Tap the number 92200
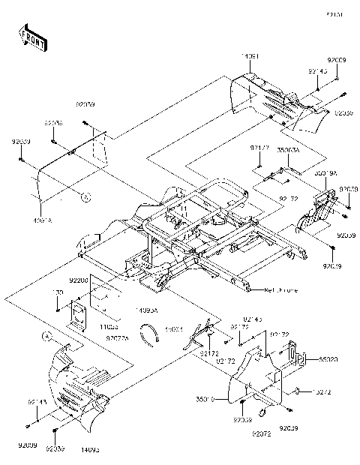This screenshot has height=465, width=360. pos(79,279)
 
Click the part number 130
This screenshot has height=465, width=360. pos(57,293)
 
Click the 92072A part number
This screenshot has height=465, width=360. pos(118,339)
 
